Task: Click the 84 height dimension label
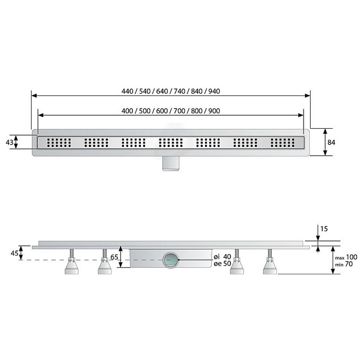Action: click(x=331, y=143)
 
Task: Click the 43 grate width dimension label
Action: click(x=10, y=143)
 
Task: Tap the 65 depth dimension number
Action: click(x=114, y=257)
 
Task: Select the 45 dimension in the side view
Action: click(x=14, y=253)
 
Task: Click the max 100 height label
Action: click(x=346, y=257)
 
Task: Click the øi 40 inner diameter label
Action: click(x=222, y=257)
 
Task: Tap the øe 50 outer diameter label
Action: click(x=222, y=263)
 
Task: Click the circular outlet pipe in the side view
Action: click(x=171, y=260)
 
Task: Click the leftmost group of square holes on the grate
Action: click(x=59, y=143)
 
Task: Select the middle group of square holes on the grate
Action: click(x=171, y=143)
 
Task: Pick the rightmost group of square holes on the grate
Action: click(x=283, y=143)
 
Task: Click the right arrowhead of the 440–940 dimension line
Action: click(x=308, y=95)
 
